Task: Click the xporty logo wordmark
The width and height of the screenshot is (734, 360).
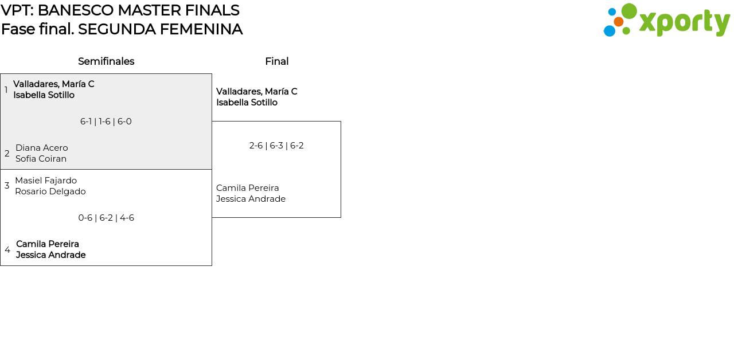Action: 684,22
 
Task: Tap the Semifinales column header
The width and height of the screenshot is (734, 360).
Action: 106,61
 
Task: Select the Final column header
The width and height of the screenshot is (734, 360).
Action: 276,61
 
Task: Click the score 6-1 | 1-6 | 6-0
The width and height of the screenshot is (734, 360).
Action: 106,122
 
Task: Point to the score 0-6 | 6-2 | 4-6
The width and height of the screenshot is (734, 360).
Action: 106,218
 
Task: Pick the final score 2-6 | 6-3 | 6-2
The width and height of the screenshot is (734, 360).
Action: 276,146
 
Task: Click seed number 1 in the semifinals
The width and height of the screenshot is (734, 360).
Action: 6,90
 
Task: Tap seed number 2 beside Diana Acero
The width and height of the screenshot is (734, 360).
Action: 7,154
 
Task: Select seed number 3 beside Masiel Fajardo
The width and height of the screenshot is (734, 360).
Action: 7,186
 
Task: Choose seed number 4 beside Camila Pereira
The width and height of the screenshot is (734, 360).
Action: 7,250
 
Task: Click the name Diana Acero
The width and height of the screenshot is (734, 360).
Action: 41,148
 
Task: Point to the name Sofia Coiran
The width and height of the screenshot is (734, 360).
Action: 41,159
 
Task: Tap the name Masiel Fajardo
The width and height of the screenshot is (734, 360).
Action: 46,181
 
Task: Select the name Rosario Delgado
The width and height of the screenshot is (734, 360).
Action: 50,191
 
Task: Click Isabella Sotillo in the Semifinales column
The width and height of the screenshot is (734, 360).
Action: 44,95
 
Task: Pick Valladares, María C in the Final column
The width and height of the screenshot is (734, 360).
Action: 256,92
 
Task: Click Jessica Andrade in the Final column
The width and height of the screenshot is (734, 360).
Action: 251,199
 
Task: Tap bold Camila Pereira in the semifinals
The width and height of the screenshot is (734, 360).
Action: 48,244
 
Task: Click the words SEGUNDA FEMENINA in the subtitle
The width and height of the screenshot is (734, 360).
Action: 160,29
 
